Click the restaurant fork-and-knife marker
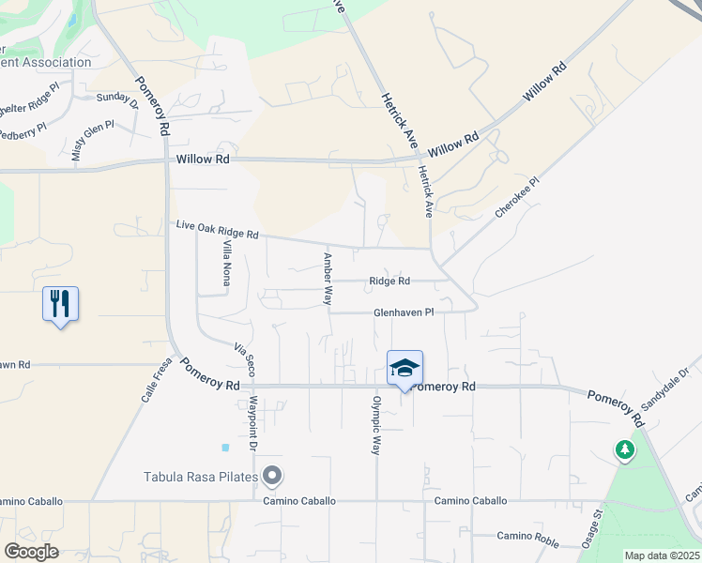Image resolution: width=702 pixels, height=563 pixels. pos(60,304)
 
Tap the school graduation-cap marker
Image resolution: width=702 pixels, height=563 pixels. pos(404,368)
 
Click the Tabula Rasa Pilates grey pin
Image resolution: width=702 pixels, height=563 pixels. pos(272,477)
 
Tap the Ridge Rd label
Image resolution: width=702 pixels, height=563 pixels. pos(389,281)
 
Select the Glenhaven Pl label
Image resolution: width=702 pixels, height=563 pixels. pos(404,312)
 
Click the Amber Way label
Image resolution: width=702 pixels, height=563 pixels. pos(328,279)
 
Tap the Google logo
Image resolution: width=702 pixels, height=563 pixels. pos(31,552)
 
